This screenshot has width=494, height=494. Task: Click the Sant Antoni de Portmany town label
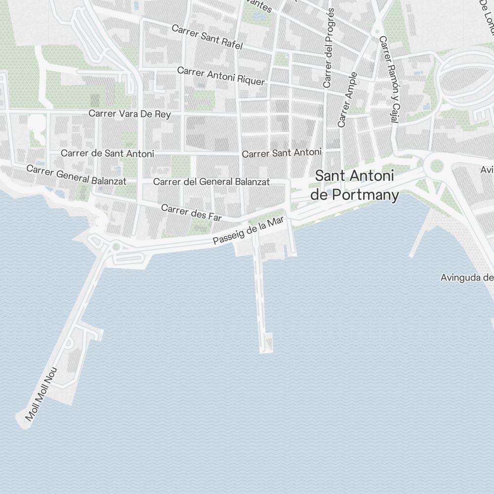pos(354,185)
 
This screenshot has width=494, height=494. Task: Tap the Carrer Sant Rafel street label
pos(207,37)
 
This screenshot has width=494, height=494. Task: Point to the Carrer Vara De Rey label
pos(129,114)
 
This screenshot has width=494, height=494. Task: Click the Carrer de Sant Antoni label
pos(107,154)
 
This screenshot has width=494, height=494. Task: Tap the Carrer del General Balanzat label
pos(211,182)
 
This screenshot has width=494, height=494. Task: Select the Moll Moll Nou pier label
pos(41,394)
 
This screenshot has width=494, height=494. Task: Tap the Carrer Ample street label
pos(347,99)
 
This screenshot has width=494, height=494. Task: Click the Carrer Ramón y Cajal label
pos(389,79)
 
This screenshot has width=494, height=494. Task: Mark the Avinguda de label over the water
pos(467,278)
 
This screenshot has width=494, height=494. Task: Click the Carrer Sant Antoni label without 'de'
pos(282,153)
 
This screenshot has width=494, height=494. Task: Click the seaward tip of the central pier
pos(266,349)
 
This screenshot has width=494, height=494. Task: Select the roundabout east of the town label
pos(437,165)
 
